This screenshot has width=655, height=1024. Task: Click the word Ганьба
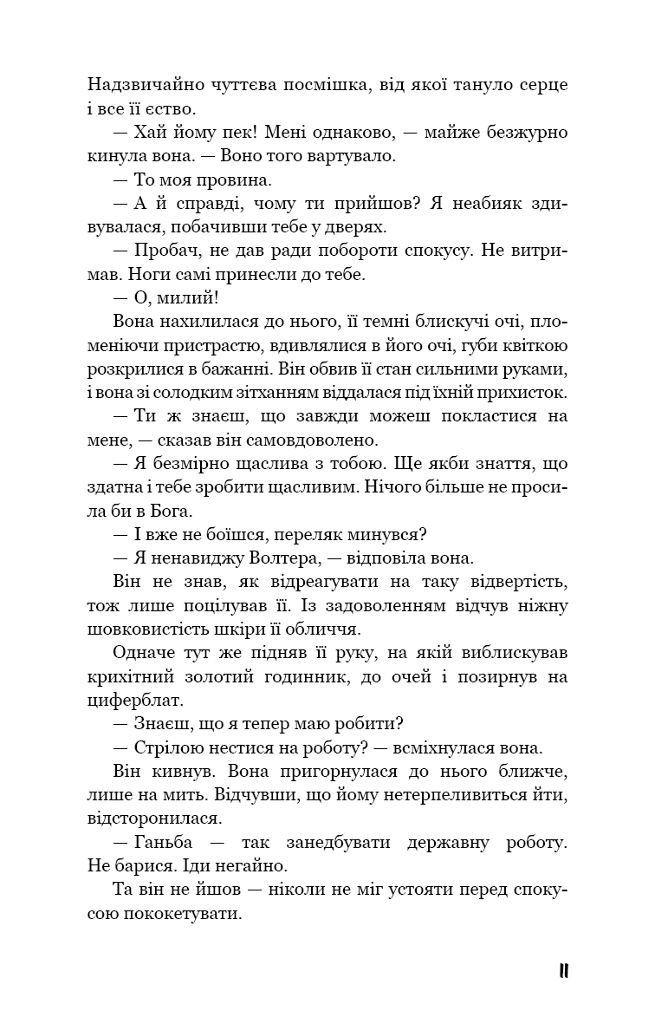point(170,842)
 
